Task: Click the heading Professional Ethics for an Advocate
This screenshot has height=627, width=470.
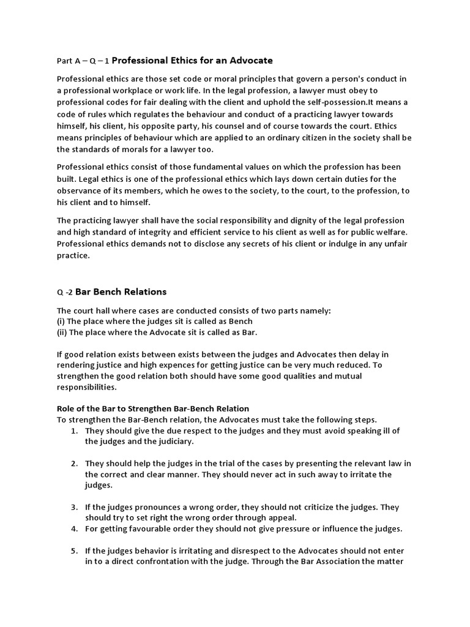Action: click(x=193, y=61)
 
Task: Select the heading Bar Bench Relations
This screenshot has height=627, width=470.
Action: click(x=121, y=291)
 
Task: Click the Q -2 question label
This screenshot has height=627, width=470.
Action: click(x=64, y=292)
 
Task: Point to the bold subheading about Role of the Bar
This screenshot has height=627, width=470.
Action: click(x=153, y=408)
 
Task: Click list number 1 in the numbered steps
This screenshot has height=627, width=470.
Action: click(x=73, y=431)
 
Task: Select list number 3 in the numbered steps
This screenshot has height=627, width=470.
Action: click(x=73, y=508)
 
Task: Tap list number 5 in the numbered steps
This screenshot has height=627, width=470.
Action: click(x=73, y=551)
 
